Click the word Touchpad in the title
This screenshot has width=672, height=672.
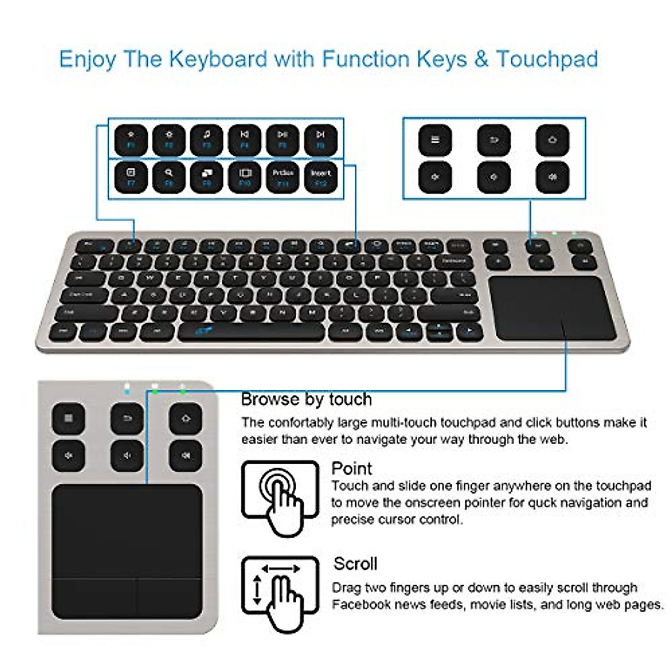pos(547,59)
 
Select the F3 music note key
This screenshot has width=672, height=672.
pos(207,139)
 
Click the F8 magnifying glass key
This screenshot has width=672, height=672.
pos(169,178)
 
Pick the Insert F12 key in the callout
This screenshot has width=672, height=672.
pos(321,178)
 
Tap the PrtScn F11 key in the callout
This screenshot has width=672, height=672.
pos(283,178)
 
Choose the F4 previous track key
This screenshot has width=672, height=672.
pos(245,139)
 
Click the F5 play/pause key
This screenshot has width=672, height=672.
pos(283,139)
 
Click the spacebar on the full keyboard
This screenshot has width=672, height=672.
pos(251,332)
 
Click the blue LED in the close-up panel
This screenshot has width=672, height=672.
pos(128,390)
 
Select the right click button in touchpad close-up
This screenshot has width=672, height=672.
pos(169,598)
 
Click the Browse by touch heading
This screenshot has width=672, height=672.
pos(306,399)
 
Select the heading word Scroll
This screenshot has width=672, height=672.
pos(355,563)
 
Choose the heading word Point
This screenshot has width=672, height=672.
pos(352,468)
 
